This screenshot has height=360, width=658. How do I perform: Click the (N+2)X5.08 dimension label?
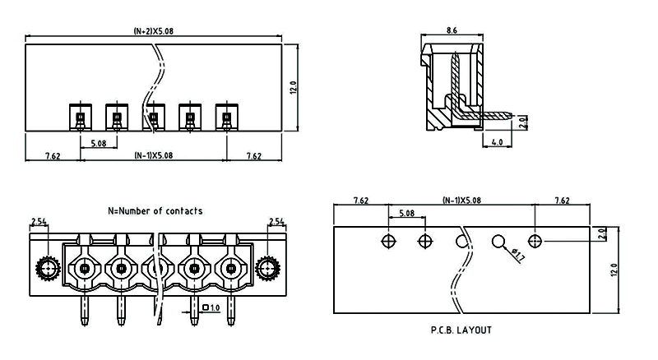pos(155,31)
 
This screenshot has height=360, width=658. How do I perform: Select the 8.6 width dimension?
pos(451,30)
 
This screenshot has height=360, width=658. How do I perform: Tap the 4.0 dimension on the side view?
pos(497,142)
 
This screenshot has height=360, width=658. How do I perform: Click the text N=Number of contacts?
pos(155,211)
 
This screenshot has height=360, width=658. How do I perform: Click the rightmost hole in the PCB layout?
pos(535,241)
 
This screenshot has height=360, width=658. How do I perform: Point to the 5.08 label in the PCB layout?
pos(406,214)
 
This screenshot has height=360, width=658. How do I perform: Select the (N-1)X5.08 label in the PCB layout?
pos(461,200)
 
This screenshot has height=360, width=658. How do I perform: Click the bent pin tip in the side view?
pos(510,114)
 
